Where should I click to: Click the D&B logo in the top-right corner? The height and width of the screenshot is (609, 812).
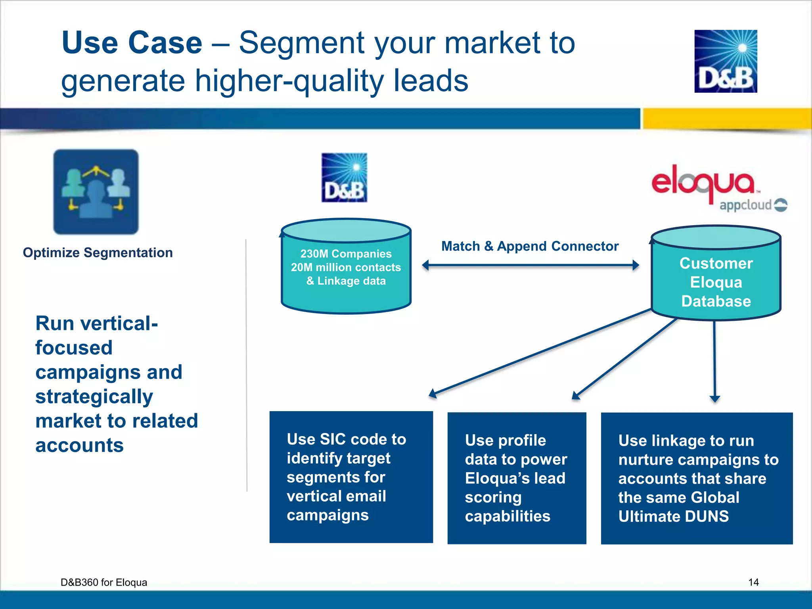click(x=726, y=61)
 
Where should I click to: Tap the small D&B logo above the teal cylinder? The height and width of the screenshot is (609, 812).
click(x=344, y=178)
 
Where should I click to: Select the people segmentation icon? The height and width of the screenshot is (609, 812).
click(x=96, y=192)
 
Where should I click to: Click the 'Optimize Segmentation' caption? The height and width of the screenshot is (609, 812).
click(x=98, y=253)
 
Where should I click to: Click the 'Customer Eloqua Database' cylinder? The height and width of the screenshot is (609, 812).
click(x=716, y=278)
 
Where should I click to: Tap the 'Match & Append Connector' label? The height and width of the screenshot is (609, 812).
click(x=530, y=246)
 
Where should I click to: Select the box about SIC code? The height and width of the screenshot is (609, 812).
click(x=351, y=477)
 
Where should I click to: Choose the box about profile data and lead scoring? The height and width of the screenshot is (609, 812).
click(x=517, y=478)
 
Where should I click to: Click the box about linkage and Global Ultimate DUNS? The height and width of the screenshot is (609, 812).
click(x=697, y=478)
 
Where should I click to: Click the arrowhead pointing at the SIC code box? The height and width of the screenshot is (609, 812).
click(x=433, y=393)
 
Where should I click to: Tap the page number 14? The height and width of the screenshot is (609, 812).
click(x=753, y=582)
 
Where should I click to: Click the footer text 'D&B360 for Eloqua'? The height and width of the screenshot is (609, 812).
click(x=103, y=582)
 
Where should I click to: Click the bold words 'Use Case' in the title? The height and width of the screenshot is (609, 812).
click(x=132, y=43)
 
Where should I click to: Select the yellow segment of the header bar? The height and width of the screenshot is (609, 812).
click(x=727, y=118)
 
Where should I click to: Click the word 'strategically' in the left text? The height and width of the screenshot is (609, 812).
click(x=94, y=396)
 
